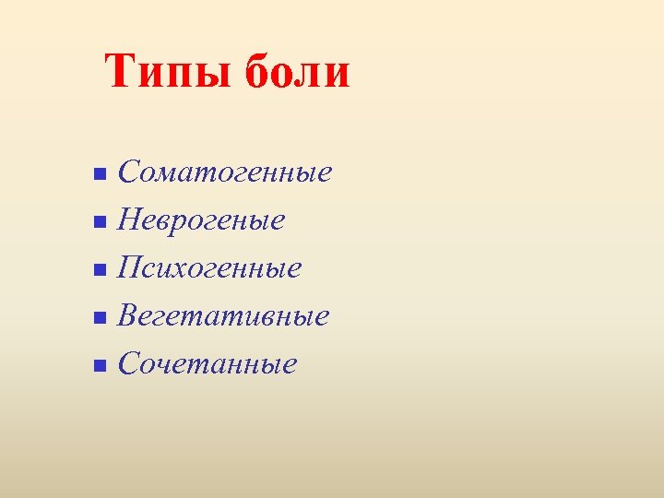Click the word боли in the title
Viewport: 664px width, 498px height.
pos(298,71)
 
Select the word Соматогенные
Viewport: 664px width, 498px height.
pos(225,172)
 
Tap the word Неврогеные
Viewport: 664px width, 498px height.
pos(201,220)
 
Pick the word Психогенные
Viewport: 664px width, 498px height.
pos(209,268)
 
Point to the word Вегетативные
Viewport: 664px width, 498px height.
pos(223,316)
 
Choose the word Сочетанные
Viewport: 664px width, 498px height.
pos(207,364)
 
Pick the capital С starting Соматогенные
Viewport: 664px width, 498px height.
pos(129,172)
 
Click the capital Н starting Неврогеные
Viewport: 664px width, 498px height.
pos(131,220)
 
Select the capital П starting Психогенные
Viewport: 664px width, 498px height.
pos(132,268)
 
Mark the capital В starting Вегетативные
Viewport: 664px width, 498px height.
pos(130,316)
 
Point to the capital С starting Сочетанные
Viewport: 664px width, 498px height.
pos(129,364)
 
